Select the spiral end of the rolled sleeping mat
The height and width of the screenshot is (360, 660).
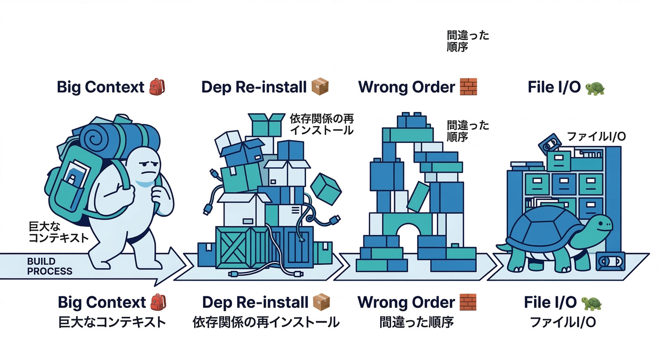click(x=93, y=136)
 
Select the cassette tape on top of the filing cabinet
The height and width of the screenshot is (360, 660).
click(x=548, y=143)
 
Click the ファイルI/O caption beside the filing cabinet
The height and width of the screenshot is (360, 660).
click(x=596, y=136)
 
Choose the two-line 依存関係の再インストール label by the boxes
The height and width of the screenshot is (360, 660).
click(x=321, y=124)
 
